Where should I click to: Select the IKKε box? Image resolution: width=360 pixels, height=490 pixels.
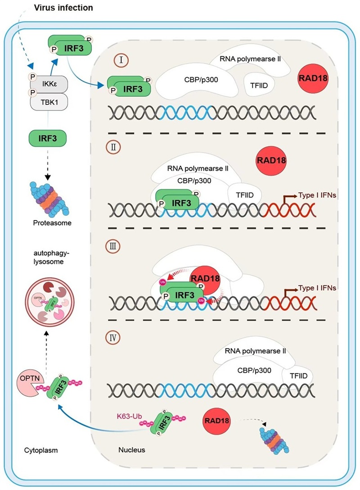pyautogui.click(x=49, y=84)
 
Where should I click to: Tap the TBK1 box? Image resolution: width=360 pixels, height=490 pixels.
pyautogui.click(x=49, y=102)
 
